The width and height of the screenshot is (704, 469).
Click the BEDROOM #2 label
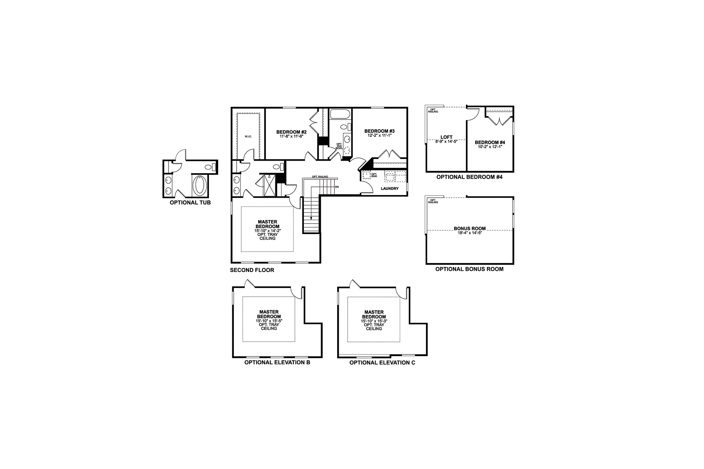tap(291, 132)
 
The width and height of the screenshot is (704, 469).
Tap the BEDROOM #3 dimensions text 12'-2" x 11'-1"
tap(379, 136)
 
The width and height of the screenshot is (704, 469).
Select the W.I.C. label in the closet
tap(248, 136)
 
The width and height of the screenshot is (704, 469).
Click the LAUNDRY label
tap(390, 189)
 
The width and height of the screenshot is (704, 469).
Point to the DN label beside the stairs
tap(337, 187)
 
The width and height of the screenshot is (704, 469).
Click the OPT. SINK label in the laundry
tap(374, 175)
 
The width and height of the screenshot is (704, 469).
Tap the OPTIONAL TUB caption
tap(190, 203)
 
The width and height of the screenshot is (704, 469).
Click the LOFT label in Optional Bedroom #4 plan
tap(446, 137)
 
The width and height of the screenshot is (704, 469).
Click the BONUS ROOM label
tap(470, 229)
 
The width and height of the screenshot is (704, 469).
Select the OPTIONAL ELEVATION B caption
tap(277, 363)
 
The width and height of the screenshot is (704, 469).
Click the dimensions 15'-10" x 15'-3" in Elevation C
tap(374, 321)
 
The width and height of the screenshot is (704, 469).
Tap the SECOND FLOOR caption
tap(252, 270)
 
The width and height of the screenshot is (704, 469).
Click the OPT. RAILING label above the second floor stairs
tap(320, 177)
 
